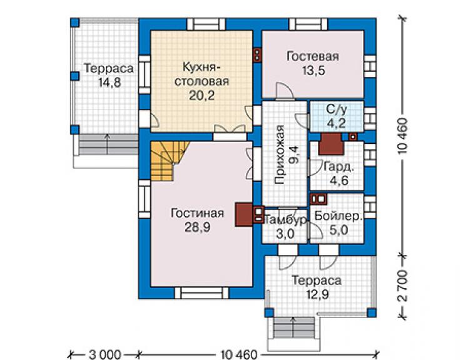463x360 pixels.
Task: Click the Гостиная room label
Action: (x=197, y=213)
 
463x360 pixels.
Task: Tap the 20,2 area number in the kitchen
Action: (x=201, y=95)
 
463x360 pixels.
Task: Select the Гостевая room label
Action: (x=313, y=56)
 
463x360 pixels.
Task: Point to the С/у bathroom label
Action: (x=337, y=110)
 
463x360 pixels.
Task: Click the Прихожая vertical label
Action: (x=280, y=155)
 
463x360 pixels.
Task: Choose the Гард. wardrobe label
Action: (x=338, y=167)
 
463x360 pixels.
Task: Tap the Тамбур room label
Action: (x=285, y=220)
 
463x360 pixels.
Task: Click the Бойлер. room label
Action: (x=338, y=217)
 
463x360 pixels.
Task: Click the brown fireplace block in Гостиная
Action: (x=243, y=215)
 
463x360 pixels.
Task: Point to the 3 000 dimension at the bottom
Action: (x=105, y=354)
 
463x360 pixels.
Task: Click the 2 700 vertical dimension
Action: (x=402, y=286)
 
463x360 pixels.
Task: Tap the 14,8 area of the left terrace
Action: (x=109, y=83)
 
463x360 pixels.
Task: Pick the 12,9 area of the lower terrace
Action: (x=317, y=295)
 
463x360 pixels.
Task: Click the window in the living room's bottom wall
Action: (x=201, y=292)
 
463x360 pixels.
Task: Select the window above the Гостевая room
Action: (x=308, y=24)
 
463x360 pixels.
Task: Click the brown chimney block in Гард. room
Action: (x=331, y=144)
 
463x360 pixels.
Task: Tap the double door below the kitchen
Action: (x=230, y=132)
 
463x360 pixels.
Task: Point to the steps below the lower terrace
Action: (x=293, y=329)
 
